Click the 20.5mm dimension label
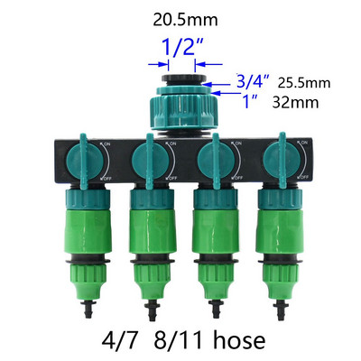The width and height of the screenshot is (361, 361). [185, 20]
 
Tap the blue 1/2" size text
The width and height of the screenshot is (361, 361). [183, 47]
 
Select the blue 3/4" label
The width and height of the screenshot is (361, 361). [252, 81]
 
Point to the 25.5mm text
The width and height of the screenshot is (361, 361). [304, 83]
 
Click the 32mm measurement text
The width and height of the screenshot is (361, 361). [295, 102]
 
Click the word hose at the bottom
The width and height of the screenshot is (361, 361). [239, 340]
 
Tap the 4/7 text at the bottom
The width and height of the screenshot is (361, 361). [120, 340]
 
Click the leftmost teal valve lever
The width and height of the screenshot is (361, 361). [83, 162]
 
